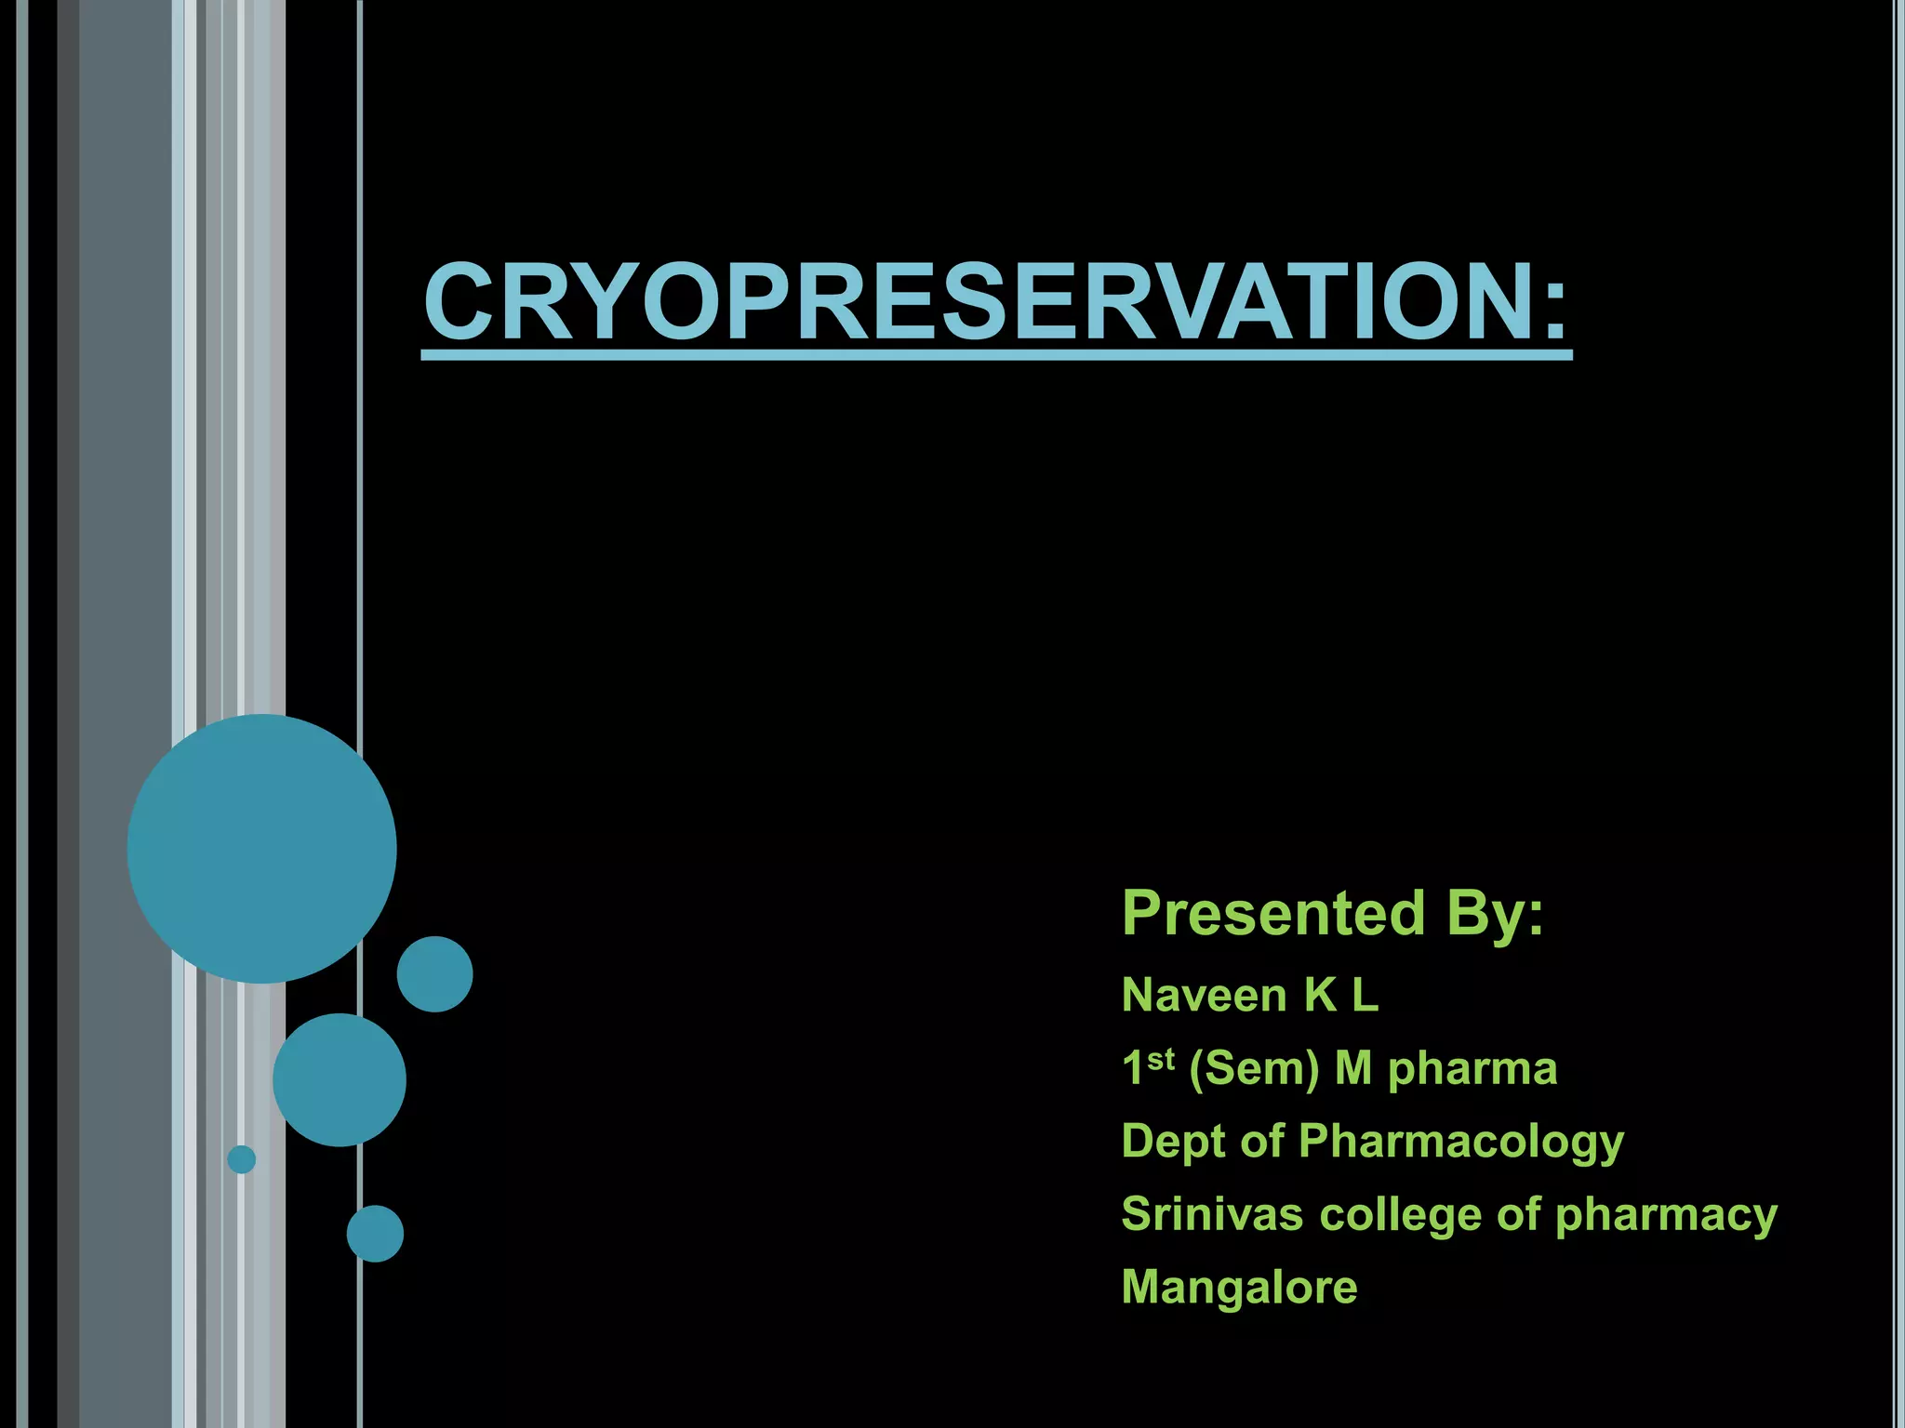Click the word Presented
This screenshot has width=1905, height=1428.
tap(1273, 913)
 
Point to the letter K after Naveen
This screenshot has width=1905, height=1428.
tap(1320, 996)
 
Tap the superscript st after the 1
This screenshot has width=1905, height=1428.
tap(1161, 1059)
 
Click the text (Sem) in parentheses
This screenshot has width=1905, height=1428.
tap(1254, 1069)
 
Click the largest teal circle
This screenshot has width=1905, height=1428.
tap(262, 849)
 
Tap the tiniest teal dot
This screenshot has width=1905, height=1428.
tap(242, 1159)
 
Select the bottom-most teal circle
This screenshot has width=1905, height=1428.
tap(375, 1234)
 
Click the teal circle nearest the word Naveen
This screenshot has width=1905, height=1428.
tap(435, 974)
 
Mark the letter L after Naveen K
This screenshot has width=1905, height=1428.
tap(1365, 996)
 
